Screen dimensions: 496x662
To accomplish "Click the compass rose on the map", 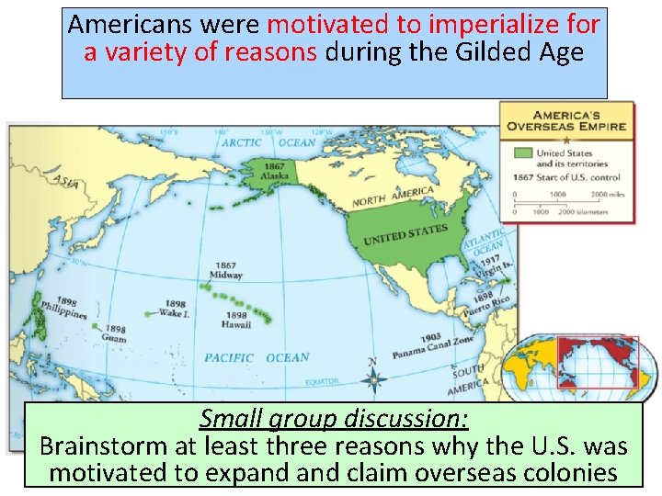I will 372,377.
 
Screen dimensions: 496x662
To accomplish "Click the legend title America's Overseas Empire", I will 567,118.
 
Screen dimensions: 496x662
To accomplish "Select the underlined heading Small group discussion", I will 334,419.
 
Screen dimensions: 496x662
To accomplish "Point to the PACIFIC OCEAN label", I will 257,357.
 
